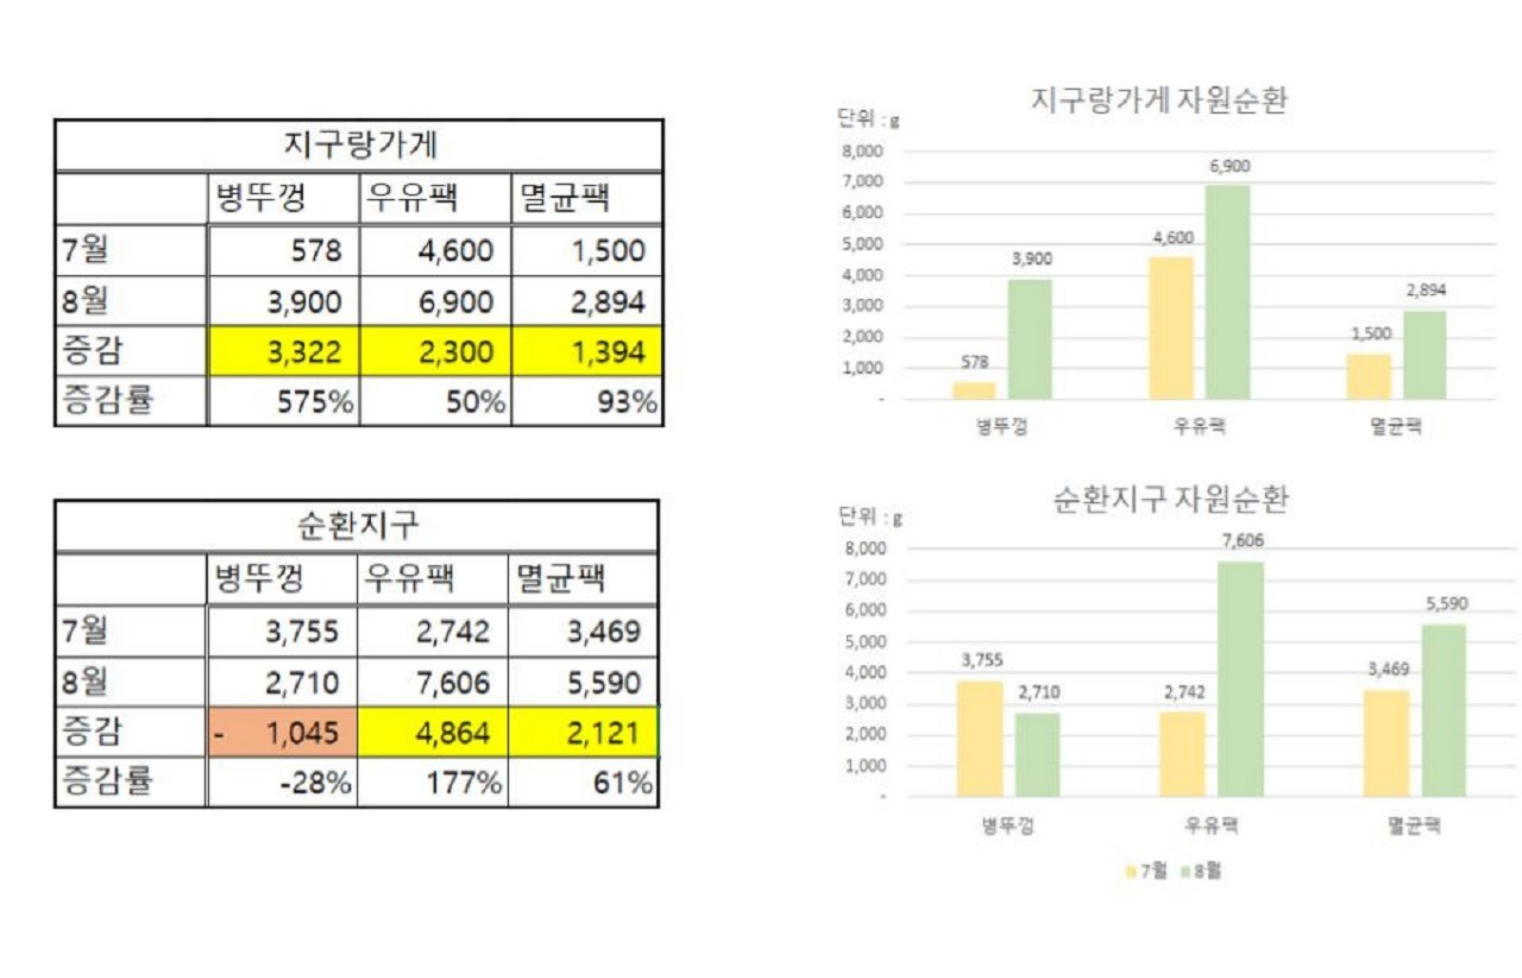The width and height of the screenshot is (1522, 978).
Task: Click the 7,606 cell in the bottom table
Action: click(433, 683)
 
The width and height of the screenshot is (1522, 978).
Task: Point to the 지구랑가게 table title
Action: click(360, 145)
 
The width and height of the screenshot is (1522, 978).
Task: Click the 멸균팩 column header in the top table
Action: click(586, 198)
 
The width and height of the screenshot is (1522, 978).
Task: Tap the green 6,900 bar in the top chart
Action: click(1227, 292)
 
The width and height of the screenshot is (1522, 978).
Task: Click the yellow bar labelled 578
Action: click(974, 391)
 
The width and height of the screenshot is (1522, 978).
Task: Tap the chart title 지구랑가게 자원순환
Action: click(1159, 100)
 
